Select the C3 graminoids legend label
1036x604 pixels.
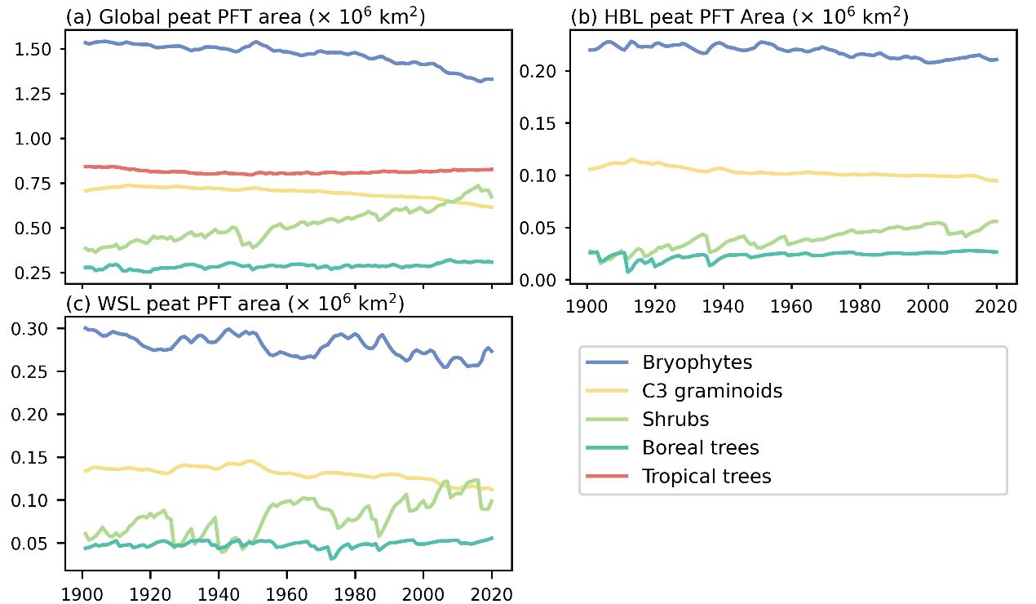pos(712,391)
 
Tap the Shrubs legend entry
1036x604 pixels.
pos(675,420)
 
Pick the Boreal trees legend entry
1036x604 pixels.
pos(701,447)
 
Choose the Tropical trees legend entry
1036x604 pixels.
pos(706,476)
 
